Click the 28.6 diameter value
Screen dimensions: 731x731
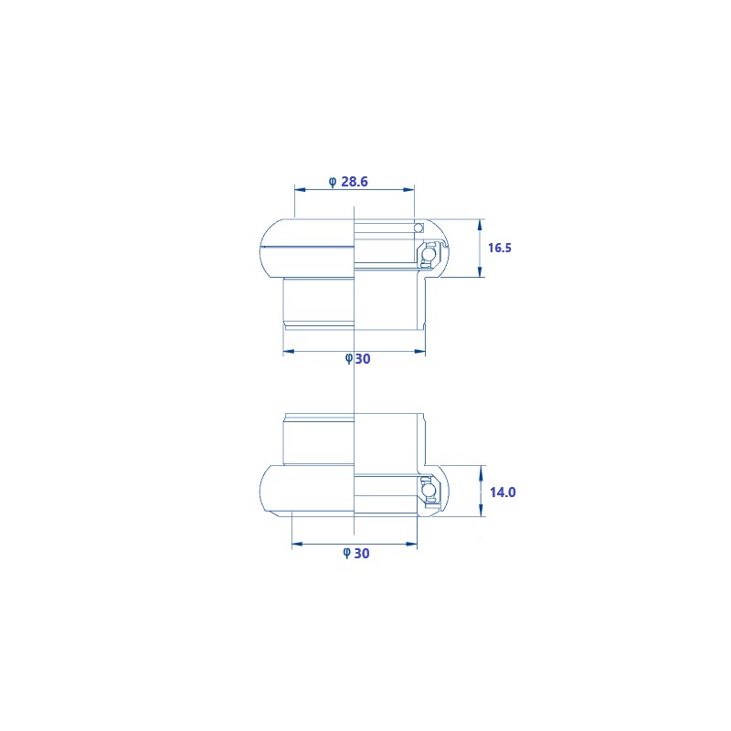tap(355, 181)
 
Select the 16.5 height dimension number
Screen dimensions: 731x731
tap(499, 248)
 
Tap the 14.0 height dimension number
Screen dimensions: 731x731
tap(503, 493)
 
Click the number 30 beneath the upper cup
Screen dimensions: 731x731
tap(363, 358)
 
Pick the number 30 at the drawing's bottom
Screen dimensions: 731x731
tap(362, 554)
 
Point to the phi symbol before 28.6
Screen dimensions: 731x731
tap(333, 182)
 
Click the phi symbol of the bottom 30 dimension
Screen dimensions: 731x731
tap(347, 554)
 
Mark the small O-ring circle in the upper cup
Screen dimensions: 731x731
tap(418, 228)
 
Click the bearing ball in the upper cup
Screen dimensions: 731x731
tap(427, 254)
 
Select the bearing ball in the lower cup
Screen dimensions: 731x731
tap(427, 490)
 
